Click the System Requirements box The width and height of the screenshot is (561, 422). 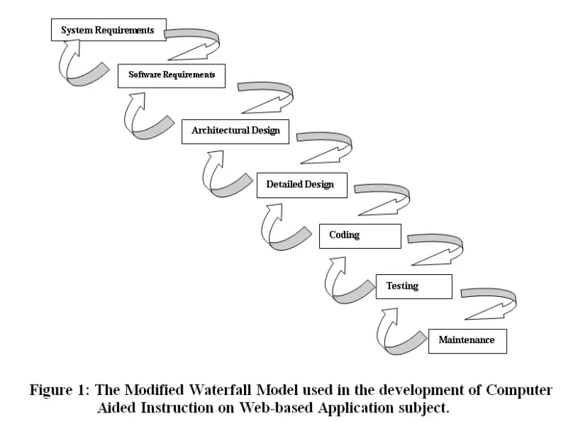coord(107,30)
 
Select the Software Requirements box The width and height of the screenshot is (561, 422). coord(172,75)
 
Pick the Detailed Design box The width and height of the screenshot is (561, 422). coord(300,184)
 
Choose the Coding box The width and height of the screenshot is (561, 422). coord(359,236)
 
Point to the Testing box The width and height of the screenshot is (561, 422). coord(413,286)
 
